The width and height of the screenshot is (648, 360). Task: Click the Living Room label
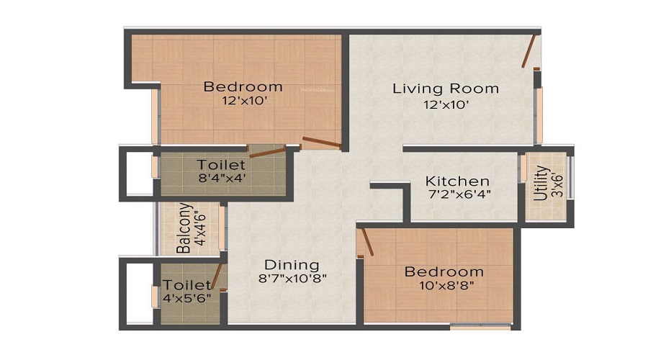pos(445,89)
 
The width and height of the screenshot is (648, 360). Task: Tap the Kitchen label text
pos(457,181)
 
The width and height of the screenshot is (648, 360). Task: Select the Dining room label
pos(291,264)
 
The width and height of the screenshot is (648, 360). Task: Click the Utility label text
pos(542,184)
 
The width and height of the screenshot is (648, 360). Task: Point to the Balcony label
pos(184,228)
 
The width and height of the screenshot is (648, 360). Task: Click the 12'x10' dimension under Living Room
pos(446,104)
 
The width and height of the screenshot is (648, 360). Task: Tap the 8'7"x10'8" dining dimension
pos(291,279)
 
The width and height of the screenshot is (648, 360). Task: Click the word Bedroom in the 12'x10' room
pos(243,87)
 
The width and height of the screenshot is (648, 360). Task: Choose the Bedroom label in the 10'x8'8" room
pos(444,271)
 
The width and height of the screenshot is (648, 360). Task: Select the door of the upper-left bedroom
pos(321,142)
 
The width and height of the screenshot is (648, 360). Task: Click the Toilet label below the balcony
pos(186,286)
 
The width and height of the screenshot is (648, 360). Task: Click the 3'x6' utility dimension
pos(557,184)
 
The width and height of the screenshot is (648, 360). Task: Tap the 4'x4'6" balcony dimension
pos(199,228)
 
